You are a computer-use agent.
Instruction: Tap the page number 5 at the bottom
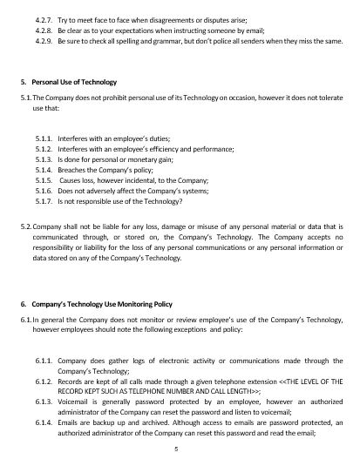tap(176, 449)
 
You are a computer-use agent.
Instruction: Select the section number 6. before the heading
tap(24, 303)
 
